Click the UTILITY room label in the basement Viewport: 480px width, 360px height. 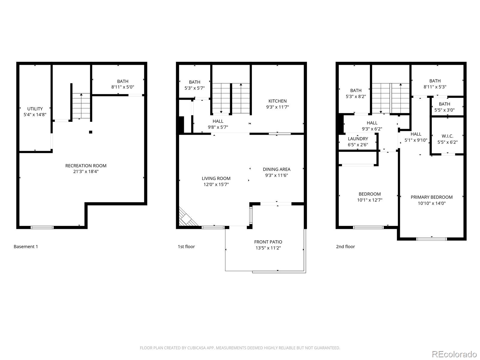35,109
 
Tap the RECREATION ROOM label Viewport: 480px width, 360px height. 86,166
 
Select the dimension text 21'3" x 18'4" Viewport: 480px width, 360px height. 86,172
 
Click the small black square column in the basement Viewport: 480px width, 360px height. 91,132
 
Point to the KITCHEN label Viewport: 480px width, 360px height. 277,101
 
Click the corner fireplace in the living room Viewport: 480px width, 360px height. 187,217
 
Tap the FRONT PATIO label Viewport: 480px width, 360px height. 268,242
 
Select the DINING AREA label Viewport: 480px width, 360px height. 276,169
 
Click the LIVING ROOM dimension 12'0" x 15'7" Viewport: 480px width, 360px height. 216,184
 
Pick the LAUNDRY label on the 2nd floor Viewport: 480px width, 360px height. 358,139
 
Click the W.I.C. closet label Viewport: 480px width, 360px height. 447,136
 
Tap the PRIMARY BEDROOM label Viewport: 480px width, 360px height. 431,197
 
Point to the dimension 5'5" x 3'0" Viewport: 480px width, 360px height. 444,110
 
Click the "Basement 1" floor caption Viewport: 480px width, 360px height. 26,247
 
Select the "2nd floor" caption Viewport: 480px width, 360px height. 345,247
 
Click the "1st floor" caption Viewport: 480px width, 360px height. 186,247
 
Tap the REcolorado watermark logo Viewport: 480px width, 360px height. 454,354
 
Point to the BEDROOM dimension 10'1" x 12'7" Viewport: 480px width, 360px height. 370,200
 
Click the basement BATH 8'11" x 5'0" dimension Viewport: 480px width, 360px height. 123,87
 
